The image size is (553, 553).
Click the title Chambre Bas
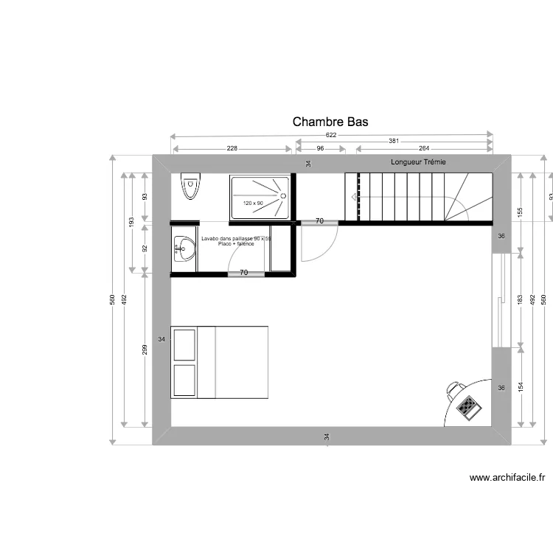coord(330,122)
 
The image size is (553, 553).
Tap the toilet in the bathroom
coord(191,187)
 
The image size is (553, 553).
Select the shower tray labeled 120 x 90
coord(260,197)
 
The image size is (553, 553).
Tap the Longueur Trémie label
coord(418,162)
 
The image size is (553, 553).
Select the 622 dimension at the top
coord(331,135)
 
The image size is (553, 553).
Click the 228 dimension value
coord(232,148)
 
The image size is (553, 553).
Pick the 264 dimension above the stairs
coord(424,148)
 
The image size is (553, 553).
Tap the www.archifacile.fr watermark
coord(507,478)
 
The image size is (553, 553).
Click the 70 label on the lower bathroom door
coord(243,273)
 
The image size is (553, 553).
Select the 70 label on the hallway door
coord(319,221)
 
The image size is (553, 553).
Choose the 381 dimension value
coord(394,142)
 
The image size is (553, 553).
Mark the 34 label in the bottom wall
coord(326,437)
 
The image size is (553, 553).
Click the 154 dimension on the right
coord(521,387)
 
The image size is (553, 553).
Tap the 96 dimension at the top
coord(320,148)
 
